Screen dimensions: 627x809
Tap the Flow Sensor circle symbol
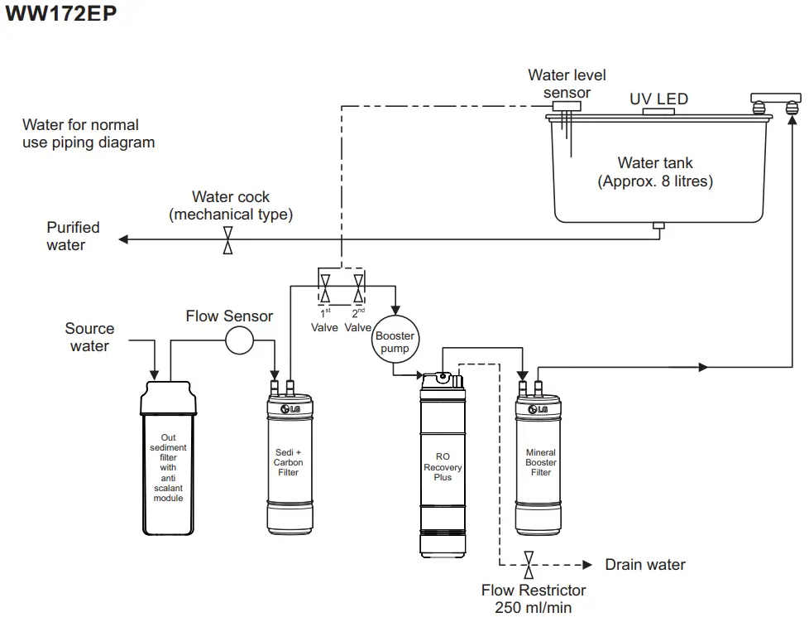pos(239,340)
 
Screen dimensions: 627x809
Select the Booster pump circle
pos(395,342)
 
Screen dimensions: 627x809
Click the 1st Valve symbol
pos(325,289)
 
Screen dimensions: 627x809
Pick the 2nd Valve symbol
pos(358,289)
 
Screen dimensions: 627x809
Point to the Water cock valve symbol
pos(228,240)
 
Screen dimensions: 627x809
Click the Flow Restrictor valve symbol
pos(529,565)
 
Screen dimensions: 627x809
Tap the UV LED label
pos(658,99)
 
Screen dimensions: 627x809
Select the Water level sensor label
pos(567,84)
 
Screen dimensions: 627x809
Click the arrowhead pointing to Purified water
pos(124,240)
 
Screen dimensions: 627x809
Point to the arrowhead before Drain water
pos(587,565)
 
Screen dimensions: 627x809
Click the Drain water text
pos(645,565)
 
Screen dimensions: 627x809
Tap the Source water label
pos(89,337)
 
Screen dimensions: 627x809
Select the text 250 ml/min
pos(534,608)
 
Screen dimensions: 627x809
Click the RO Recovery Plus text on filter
pos(443,467)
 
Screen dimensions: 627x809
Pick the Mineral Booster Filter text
pos(541,463)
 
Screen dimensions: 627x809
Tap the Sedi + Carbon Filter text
pos(288,462)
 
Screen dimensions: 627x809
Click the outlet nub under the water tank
pos(658,226)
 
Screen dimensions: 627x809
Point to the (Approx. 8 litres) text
pos(654,181)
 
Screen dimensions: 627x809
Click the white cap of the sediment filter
pos(169,398)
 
